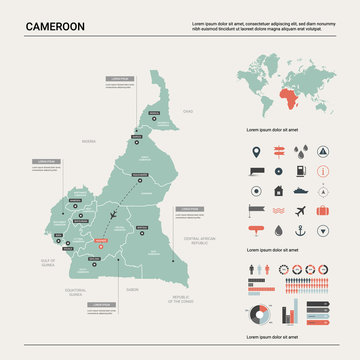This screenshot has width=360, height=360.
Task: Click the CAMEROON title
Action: [55, 24]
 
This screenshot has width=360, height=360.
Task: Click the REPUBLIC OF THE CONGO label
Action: [180, 299]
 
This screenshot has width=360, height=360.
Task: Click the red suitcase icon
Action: [323, 211]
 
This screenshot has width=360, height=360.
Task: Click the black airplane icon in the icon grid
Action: [300, 211]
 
